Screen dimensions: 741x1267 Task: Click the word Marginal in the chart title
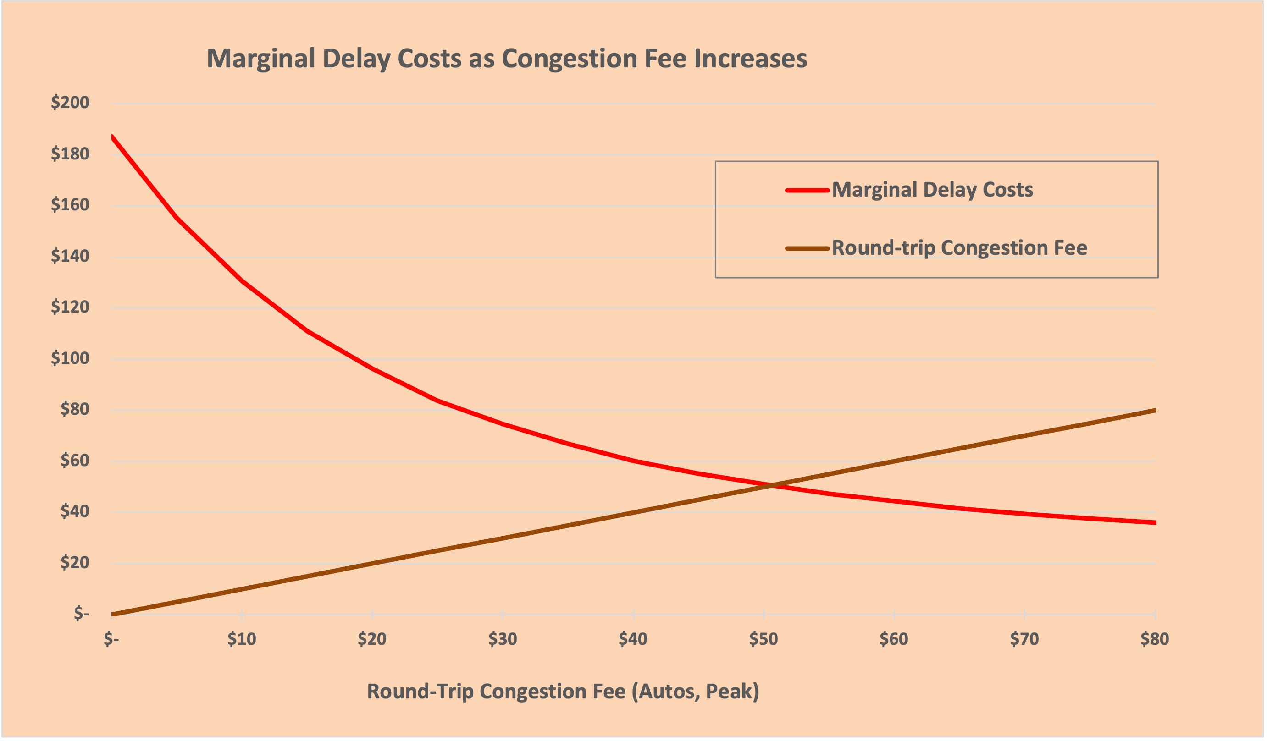[x=261, y=59]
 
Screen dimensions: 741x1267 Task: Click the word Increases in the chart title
[x=750, y=59]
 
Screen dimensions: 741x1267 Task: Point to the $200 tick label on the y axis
[x=70, y=103]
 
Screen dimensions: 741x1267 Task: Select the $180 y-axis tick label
[x=70, y=154]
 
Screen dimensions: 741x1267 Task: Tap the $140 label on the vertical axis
[x=70, y=256]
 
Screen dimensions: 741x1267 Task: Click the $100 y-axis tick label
[x=70, y=358]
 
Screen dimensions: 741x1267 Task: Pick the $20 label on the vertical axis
[x=74, y=563]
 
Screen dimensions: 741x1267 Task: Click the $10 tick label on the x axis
[x=242, y=639]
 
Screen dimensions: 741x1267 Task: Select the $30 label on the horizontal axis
[x=503, y=639]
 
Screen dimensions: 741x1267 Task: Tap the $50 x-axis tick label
[x=764, y=639]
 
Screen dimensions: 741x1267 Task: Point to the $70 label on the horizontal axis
[x=1025, y=639]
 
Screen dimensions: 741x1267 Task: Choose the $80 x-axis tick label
[x=1155, y=639]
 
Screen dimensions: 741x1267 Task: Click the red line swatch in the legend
[x=807, y=190]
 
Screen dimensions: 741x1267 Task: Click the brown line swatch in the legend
[x=807, y=249]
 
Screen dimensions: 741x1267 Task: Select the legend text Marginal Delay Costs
[x=932, y=190]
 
